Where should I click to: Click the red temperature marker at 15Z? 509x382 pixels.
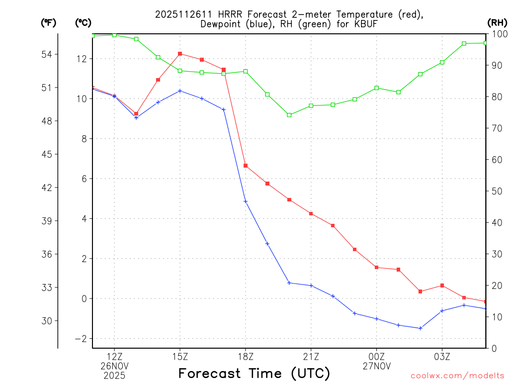click(x=180, y=54)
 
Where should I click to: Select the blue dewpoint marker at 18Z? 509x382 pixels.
click(x=246, y=201)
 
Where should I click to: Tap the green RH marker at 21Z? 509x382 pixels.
click(x=311, y=105)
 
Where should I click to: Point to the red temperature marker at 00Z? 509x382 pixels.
click(x=377, y=268)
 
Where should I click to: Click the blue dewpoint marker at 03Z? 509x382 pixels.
click(x=442, y=311)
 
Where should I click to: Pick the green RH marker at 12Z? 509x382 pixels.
click(x=114, y=35)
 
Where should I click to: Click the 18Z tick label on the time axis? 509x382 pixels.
click(x=246, y=356)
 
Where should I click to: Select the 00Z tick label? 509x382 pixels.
click(x=377, y=356)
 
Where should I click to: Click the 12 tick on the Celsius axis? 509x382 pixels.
click(x=81, y=59)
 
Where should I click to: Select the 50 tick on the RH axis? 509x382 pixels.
click(x=497, y=191)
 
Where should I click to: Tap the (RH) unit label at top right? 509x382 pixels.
click(x=497, y=22)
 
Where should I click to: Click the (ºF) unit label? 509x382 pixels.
click(x=48, y=22)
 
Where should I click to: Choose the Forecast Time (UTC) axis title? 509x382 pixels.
click(x=254, y=373)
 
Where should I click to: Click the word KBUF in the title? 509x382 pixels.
click(x=356, y=24)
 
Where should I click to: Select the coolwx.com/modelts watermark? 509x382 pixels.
click(x=457, y=375)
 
